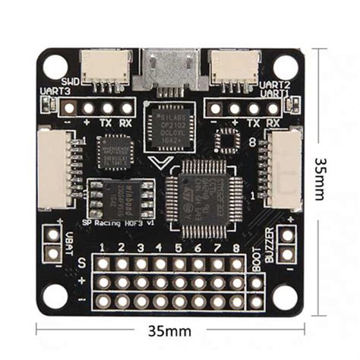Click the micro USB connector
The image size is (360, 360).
pos(169,66)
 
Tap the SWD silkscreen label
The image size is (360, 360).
pos(71,81)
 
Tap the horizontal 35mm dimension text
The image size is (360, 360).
pos(170,332)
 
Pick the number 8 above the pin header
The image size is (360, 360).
pos(237,248)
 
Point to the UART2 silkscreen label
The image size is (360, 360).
pos(274,84)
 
